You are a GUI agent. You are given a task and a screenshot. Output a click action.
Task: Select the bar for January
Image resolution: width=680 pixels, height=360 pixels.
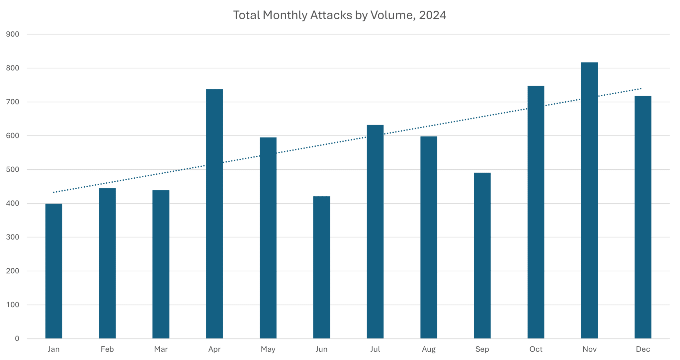coord(54,271)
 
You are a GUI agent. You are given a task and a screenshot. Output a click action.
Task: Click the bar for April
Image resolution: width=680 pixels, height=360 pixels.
coord(214,214)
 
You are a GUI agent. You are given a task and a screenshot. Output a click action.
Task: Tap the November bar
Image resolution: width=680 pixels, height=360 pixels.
coord(589,200)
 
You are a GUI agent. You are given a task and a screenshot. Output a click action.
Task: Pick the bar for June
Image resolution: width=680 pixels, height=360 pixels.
coord(322,267)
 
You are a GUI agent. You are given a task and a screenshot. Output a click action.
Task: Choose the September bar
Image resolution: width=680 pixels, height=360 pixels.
coord(482,255)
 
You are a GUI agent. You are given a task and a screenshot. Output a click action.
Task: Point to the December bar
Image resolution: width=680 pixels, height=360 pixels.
coord(643,217)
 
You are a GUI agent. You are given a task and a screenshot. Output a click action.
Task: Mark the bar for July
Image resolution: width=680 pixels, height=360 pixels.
coord(375,231)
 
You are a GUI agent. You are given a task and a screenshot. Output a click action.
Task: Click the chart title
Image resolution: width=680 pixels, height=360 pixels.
coord(340,16)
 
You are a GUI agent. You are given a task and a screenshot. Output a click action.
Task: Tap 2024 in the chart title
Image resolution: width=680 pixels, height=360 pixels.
coord(433,16)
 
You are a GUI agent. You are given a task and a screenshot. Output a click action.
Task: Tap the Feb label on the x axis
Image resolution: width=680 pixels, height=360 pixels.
coord(107,350)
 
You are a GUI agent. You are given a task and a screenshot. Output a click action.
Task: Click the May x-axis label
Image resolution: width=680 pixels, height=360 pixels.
coord(268,350)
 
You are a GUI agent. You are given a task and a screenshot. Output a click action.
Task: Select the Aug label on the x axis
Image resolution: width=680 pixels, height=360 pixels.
coord(429,350)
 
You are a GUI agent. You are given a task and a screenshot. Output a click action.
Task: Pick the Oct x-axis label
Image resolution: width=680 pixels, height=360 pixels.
coord(536,350)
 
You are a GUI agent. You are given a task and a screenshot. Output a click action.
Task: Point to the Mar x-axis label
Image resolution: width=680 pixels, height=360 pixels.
coord(161,350)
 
